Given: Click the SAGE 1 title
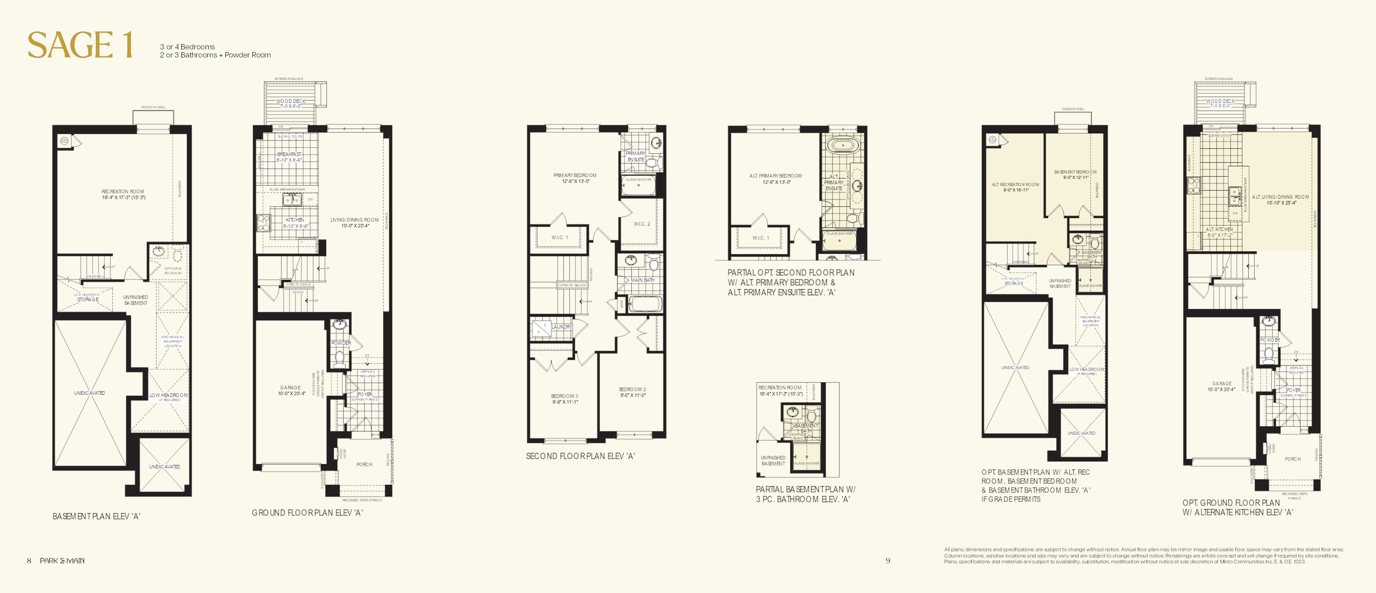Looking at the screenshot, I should [80, 45].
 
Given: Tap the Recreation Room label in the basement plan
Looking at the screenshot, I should [123, 194].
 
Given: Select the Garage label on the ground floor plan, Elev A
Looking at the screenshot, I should [291, 390].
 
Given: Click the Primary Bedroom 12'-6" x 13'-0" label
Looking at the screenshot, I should [575, 178].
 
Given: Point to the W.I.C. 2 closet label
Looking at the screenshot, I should [642, 224].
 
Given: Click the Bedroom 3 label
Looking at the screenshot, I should [565, 399].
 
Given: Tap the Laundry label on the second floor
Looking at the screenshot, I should [561, 327].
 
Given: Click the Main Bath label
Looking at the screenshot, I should [642, 280].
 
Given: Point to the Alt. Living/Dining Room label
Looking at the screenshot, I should [1280, 199].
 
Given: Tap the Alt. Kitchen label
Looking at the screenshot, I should [1220, 232].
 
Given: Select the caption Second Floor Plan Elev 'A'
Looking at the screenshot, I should [580, 456].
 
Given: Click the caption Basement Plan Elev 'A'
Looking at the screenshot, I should [96, 516].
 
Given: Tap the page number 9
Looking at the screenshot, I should [888, 561].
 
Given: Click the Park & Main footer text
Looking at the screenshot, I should [62, 561].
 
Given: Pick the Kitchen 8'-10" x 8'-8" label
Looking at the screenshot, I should [295, 222].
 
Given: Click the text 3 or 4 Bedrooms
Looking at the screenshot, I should [187, 47].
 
